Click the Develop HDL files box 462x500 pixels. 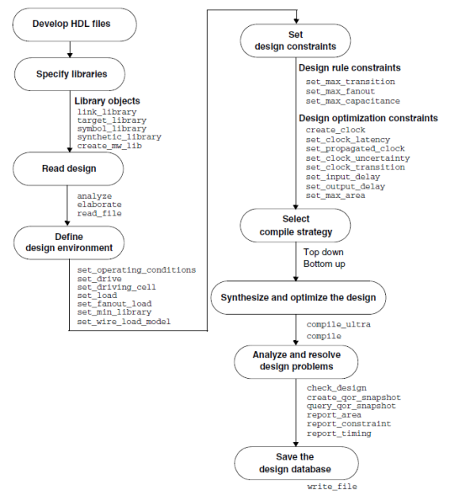point(71,23)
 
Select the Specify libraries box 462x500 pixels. point(71,75)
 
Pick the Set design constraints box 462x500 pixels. point(294,39)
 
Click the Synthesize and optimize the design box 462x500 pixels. point(294,298)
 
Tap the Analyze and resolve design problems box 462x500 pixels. point(294,361)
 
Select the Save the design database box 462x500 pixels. point(294,463)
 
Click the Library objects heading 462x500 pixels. point(109,101)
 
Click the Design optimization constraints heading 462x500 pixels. point(368,118)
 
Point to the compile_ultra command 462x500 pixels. point(338,324)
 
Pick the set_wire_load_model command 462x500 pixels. point(124,321)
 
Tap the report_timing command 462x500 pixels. point(338,433)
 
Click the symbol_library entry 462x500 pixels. point(112,128)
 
